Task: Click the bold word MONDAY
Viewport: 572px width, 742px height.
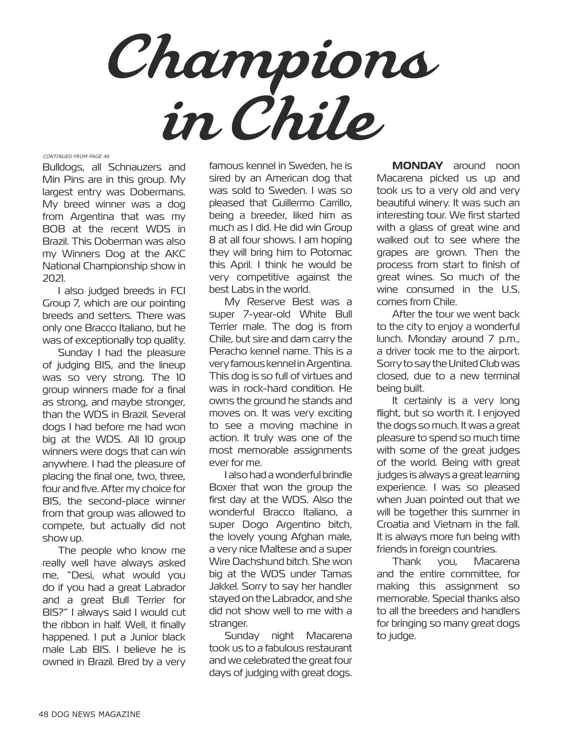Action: point(417,166)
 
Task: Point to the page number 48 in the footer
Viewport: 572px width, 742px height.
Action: point(44,714)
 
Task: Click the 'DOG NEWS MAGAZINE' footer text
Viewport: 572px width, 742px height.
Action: point(96,714)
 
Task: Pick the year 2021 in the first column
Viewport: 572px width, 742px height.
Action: point(54,278)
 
